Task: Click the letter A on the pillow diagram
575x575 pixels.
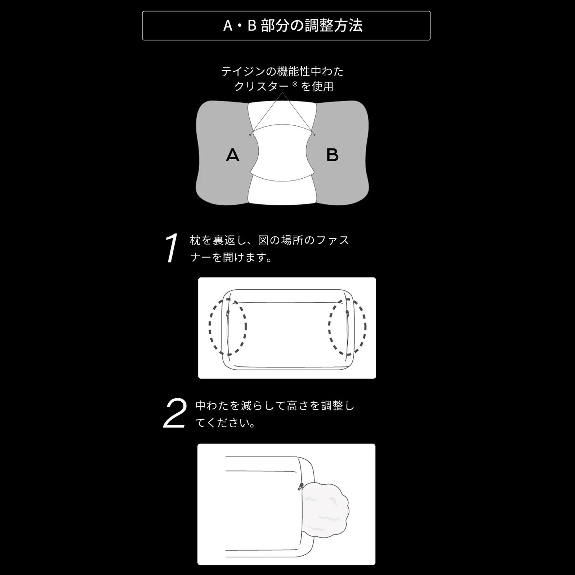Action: (232, 155)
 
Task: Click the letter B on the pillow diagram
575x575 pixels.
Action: (332, 155)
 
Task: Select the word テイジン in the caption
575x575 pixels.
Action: (243, 71)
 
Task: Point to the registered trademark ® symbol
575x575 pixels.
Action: (295, 84)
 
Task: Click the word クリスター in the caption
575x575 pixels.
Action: (262, 86)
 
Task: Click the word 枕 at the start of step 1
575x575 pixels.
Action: (195, 240)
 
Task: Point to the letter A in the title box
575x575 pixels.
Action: (228, 26)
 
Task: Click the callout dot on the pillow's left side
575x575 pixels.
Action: (250, 135)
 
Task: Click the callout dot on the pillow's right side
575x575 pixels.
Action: (315, 135)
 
